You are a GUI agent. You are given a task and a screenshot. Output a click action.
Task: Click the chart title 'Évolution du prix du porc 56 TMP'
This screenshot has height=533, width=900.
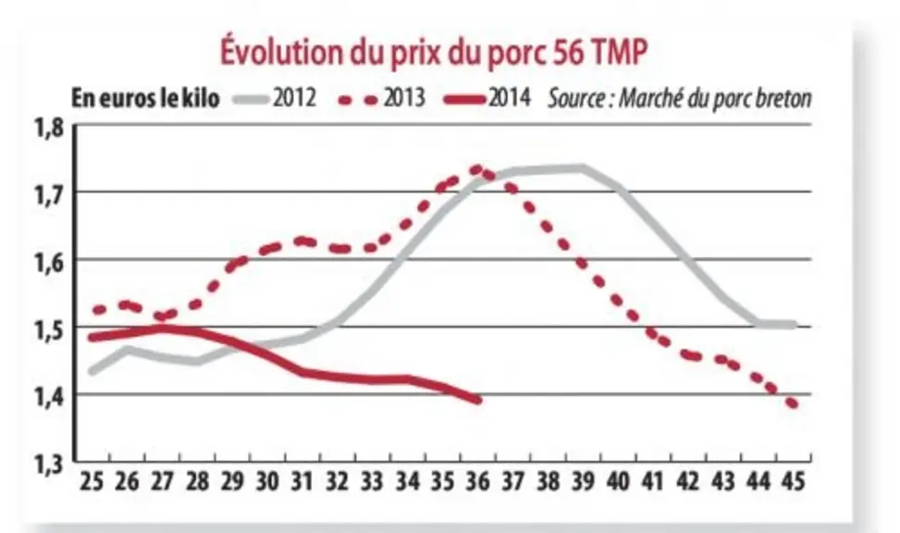coord(434,52)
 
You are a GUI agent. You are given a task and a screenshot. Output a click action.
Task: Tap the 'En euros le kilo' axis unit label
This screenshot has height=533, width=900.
coord(145,98)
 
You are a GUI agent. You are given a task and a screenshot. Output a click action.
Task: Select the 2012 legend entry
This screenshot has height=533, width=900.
coord(275,98)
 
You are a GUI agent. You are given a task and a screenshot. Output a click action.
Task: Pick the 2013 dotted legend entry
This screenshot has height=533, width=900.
coord(382,98)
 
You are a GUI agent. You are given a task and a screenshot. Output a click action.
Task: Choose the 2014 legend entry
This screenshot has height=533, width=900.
coord(487,98)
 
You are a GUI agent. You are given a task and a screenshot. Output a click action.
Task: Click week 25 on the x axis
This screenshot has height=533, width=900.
coord(92,481)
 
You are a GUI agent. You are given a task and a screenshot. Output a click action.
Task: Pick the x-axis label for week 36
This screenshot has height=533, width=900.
coord(477,481)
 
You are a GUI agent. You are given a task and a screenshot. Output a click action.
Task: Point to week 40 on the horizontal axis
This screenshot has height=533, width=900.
coord(618,481)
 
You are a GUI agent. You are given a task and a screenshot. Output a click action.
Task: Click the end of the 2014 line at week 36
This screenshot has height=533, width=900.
coord(478,400)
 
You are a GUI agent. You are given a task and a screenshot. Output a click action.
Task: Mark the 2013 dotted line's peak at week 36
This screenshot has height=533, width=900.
coord(476,169)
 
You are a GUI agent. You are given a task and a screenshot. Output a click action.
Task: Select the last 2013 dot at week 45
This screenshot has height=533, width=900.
coord(794,403)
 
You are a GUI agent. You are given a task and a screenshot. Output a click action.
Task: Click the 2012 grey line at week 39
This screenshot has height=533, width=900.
coord(582,168)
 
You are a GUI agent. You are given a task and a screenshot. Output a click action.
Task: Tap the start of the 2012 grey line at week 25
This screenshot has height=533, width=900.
coord(92,371)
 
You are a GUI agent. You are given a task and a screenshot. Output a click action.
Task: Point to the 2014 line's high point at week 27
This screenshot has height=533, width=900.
coord(163,328)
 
